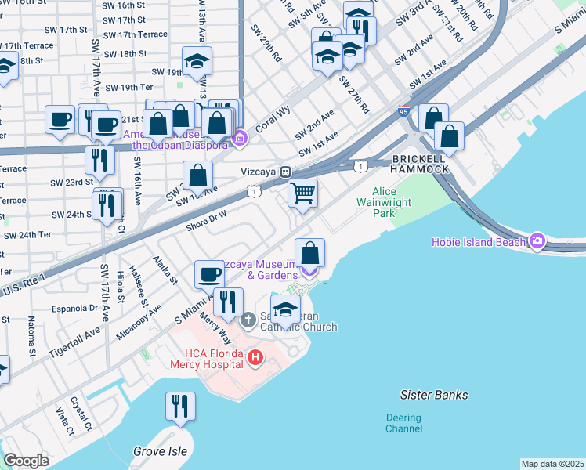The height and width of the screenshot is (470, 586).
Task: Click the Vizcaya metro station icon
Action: coord(287,172)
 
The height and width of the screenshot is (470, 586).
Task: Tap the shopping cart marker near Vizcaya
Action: coord(302,192)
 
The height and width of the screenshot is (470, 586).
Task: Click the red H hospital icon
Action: coord(255,358)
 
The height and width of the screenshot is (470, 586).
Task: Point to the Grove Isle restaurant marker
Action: coord(180,406)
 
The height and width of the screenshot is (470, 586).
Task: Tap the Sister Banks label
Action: coord(433,395)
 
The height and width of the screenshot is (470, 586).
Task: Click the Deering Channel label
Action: coord(403,423)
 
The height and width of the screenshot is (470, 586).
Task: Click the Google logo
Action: coord(26,461)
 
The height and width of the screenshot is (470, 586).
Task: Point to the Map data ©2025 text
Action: coord(552,464)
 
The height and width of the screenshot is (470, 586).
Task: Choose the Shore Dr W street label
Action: coord(206,220)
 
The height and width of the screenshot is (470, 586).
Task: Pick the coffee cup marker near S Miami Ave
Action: coord(209,273)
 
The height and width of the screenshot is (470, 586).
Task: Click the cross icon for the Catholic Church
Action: coord(248,320)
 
